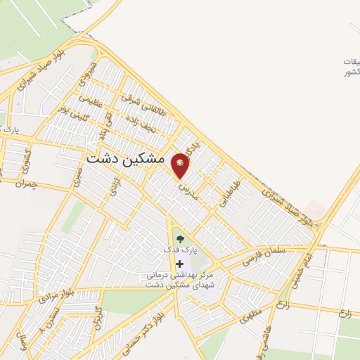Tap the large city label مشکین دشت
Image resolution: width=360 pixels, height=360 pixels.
click(x=125, y=160)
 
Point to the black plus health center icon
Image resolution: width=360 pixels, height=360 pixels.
click(x=179, y=263)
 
